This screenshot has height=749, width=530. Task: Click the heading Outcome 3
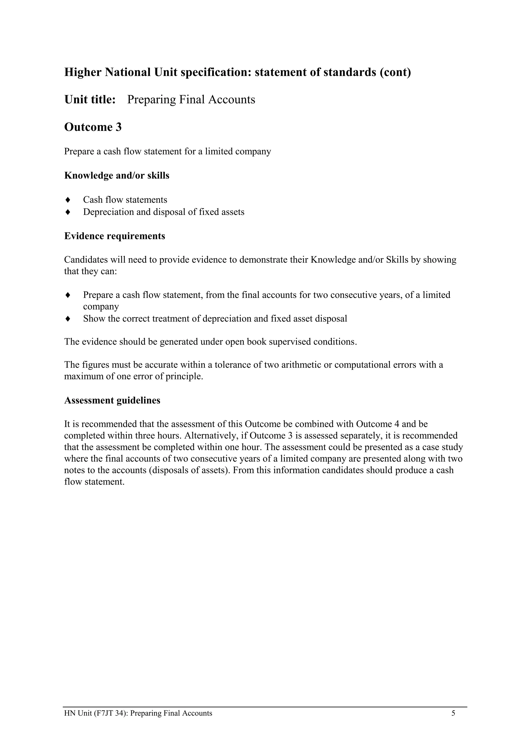click(93, 127)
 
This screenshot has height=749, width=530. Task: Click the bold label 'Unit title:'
click(90, 100)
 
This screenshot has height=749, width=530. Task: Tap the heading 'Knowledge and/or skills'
click(116, 176)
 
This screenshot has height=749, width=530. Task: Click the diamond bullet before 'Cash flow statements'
click(68, 200)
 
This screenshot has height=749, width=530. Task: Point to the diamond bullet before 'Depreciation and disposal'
click(68, 212)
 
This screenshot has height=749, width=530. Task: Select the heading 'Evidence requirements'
click(115, 236)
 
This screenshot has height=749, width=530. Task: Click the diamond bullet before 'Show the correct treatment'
click(68, 318)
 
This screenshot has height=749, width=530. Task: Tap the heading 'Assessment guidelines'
click(112, 400)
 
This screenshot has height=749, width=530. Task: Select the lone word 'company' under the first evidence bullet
click(101, 307)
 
